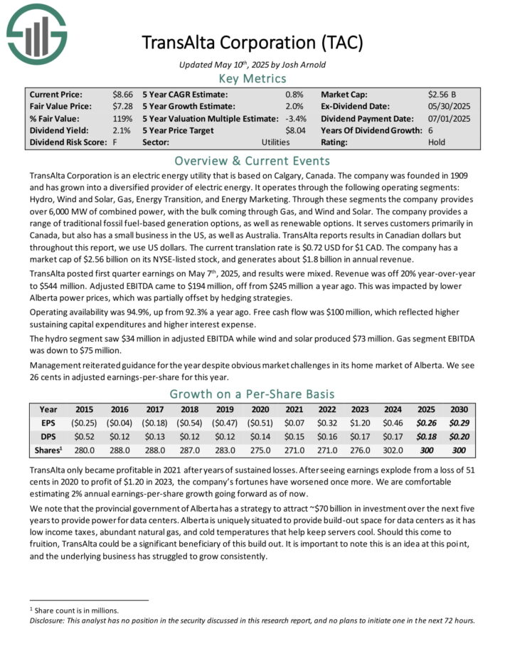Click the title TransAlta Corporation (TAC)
(253, 42)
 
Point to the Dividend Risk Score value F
(115, 142)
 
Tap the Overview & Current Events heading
(253, 161)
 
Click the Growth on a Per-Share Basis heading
(253, 393)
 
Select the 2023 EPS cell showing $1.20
(360, 423)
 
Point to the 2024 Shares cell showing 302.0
(394, 450)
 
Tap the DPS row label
(49, 437)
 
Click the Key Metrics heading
(253, 78)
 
